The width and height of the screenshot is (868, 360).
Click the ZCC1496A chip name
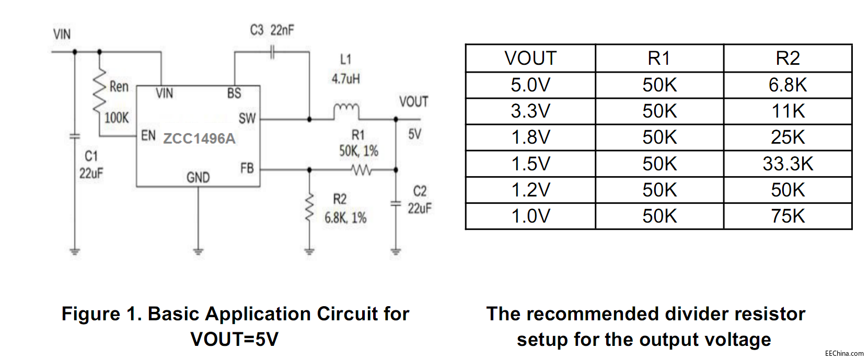point(199,138)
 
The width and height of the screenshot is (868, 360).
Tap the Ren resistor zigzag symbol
point(99,91)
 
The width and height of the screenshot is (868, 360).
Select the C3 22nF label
point(272,30)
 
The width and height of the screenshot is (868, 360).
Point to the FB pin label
point(247,168)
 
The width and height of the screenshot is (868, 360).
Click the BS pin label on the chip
point(234,94)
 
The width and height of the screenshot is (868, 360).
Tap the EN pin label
point(148,136)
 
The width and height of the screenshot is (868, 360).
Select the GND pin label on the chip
point(198,178)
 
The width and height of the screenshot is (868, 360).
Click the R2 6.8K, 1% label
point(345,209)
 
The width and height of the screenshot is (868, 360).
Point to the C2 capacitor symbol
point(396,203)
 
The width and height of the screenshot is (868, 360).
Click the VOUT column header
point(530,58)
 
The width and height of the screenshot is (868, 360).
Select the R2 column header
point(788,58)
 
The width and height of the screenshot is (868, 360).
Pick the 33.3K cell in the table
point(788,164)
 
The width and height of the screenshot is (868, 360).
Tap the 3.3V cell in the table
point(530,111)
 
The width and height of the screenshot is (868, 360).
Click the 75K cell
point(788,216)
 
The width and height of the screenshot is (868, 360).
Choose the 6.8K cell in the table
point(788,85)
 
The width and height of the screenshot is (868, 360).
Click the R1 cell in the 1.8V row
point(659,137)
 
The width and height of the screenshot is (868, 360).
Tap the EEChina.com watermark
point(844,354)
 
